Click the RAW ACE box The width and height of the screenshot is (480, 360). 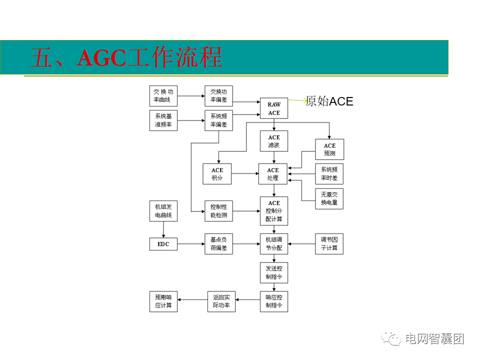point(274,109)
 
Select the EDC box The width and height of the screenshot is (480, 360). point(163,244)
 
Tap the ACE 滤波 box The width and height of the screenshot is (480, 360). point(274,141)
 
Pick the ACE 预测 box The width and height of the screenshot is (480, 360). point(329,149)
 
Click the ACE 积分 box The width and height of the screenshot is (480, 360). point(217,174)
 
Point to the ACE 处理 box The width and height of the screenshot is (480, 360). point(272,174)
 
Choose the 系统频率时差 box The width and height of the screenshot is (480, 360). point(329,174)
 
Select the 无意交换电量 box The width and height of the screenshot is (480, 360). point(329,198)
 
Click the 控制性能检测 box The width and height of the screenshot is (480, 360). point(218,211)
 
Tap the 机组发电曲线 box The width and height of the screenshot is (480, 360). point(163,211)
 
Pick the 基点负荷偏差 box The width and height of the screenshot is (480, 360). point(218,244)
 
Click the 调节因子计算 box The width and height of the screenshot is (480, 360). point(329,244)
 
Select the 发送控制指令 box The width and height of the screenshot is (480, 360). point(274,272)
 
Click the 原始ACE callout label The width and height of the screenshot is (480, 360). point(329,101)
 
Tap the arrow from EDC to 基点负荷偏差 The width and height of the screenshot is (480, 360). point(190,244)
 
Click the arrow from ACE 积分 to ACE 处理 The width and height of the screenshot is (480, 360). point(244,174)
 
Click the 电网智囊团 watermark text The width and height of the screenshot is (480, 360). point(434,338)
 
